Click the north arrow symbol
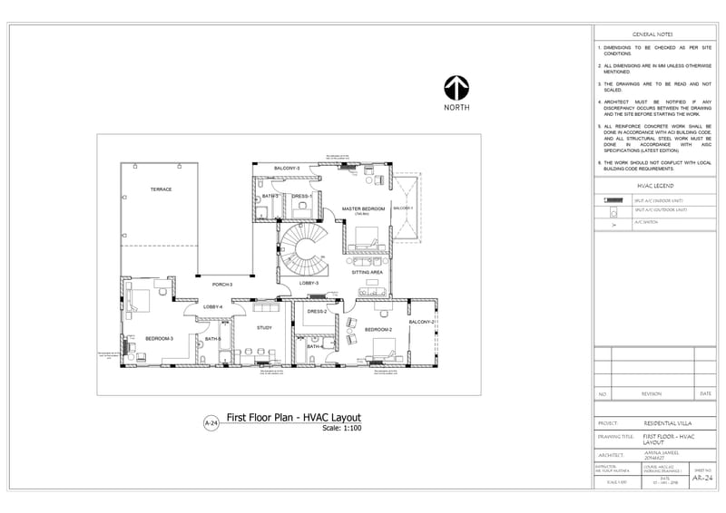(456, 88)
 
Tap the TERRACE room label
(161, 189)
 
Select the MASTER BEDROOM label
(363, 209)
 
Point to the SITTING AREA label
(367, 272)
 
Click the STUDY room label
(264, 327)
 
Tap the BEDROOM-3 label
(159, 339)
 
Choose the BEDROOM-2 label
(378, 330)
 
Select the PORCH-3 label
(222, 286)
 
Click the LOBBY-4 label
(213, 307)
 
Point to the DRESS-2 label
(317, 311)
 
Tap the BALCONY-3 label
(287, 169)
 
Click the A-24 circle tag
(211, 423)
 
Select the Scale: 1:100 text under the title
(342, 428)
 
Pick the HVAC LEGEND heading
(653, 186)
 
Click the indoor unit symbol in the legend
(613, 199)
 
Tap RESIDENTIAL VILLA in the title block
(668, 423)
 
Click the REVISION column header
(652, 394)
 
